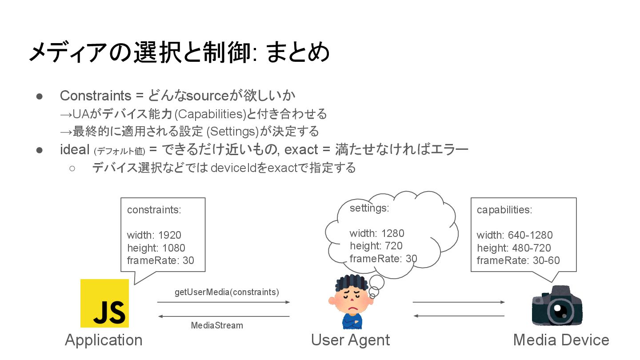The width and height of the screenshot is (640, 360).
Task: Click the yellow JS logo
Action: click(104, 303)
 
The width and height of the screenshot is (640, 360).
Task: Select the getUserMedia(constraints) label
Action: click(227, 292)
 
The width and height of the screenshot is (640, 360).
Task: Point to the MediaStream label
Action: click(217, 325)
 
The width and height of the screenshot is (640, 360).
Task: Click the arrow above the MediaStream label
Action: click(224, 316)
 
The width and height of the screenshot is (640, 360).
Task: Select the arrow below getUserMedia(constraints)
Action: click(224, 302)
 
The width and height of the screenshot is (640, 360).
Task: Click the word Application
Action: click(104, 340)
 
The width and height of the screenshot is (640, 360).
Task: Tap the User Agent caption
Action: click(350, 340)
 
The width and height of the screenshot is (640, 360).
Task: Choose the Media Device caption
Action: click(561, 340)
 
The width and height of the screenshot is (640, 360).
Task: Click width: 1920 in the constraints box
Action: click(154, 235)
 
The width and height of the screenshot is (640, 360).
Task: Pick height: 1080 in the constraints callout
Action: click(156, 248)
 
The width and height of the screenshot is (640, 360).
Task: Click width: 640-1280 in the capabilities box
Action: click(515, 235)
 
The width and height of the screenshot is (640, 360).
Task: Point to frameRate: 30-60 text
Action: click(518, 260)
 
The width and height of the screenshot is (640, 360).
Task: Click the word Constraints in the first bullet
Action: click(96, 96)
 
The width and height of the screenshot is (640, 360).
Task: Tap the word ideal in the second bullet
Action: click(75, 149)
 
